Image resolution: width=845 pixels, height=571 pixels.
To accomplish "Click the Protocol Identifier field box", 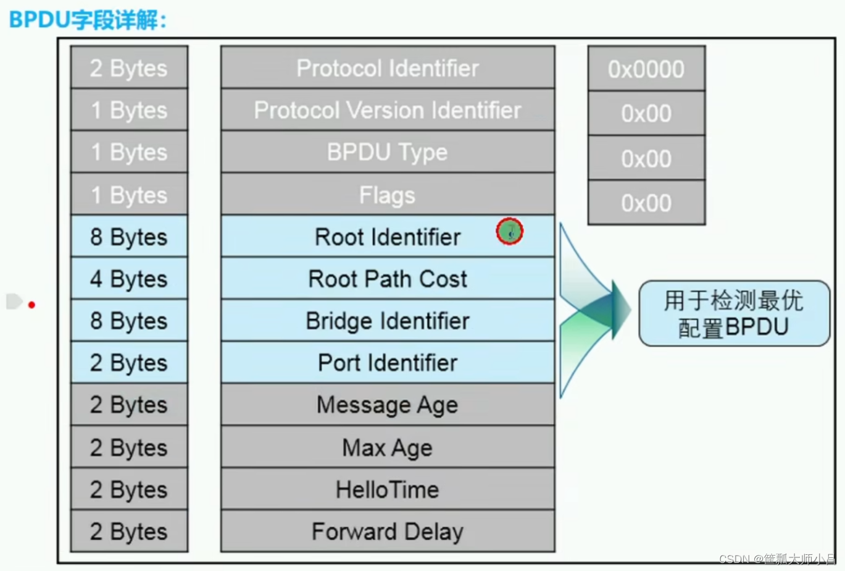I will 388,68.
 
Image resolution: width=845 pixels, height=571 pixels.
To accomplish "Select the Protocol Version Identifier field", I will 388,110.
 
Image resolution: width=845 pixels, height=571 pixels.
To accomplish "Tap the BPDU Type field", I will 388,152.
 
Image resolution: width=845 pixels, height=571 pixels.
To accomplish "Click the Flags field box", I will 388,195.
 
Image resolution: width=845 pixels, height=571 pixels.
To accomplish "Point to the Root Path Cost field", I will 388,279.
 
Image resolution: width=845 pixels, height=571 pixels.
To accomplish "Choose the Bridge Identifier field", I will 388,321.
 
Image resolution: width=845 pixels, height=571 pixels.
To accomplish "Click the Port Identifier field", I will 388,363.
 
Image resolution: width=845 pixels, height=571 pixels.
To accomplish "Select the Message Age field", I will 388,405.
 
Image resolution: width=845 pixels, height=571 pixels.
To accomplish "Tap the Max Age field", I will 388,447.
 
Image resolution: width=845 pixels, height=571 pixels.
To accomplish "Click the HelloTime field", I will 388,489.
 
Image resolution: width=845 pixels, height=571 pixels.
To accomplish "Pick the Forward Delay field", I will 388,531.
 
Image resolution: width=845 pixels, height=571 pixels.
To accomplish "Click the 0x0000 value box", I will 646,69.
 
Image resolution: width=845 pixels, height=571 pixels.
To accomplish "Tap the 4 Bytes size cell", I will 129,279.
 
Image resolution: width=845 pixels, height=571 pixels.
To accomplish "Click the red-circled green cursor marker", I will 510,232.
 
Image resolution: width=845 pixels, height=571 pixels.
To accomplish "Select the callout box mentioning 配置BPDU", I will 734,313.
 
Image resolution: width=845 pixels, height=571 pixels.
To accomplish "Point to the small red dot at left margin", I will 31,305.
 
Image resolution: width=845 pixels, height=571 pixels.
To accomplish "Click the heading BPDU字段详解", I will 88,19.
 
